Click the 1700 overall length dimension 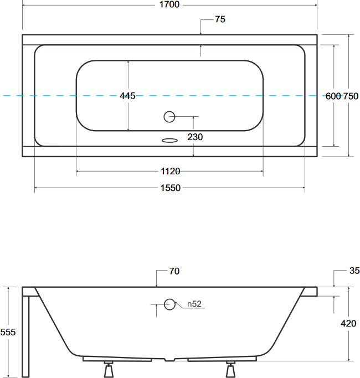[x=169, y=4]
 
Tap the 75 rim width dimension [x=220, y=19]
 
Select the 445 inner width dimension [x=127, y=96]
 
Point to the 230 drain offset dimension [x=195, y=137]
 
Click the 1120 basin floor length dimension [x=171, y=172]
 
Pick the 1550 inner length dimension [x=171, y=188]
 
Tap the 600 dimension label [x=333, y=96]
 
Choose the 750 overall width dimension [x=351, y=96]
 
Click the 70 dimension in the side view [x=174, y=271]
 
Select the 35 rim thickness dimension [x=354, y=271]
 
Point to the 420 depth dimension [x=348, y=323]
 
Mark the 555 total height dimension [x=8, y=332]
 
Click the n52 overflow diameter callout [x=194, y=304]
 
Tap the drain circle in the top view [x=169, y=117]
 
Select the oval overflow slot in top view [x=169, y=141]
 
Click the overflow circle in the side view [x=169, y=304]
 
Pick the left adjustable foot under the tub [x=109, y=369]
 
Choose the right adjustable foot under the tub [x=230, y=369]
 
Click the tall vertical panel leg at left [x=25, y=336]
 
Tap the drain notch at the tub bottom [x=169, y=360]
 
